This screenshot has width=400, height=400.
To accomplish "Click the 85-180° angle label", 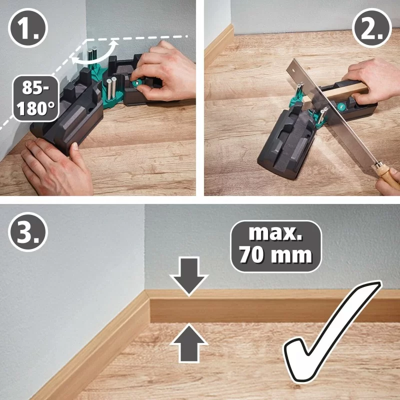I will pos(34,98).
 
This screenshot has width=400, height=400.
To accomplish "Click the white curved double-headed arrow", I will pos(95,56).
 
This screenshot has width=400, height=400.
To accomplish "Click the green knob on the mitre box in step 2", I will pos(340,106).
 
